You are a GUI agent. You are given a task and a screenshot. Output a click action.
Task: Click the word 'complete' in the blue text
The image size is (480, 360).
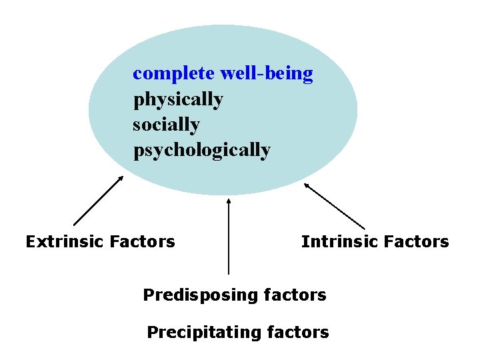(x=173, y=74)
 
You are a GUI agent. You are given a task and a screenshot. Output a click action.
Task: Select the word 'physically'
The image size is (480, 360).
(x=178, y=99)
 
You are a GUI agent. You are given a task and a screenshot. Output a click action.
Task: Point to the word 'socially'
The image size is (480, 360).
(x=166, y=125)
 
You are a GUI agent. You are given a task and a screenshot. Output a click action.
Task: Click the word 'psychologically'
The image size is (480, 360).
(x=201, y=150)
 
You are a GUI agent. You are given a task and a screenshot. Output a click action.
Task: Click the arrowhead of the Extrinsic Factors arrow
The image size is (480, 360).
(x=121, y=178)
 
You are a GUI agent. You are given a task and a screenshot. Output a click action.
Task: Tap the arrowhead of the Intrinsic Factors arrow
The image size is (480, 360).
(x=307, y=185)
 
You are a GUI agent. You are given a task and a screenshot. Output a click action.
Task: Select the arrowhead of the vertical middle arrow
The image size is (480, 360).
(x=229, y=199)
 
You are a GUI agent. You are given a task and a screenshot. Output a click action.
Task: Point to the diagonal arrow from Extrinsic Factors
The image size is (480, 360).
(x=97, y=201)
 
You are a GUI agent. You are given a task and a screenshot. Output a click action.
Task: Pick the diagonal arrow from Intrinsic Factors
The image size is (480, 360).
(x=335, y=207)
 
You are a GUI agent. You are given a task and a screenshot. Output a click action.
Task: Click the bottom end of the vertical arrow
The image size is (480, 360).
(x=229, y=273)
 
